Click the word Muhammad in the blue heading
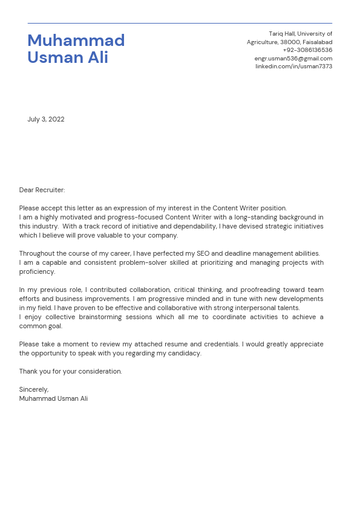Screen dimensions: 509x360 (76, 41)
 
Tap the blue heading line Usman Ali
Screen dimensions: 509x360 (68, 58)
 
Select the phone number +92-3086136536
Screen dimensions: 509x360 (307, 50)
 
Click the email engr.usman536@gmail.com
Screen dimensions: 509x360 (293, 59)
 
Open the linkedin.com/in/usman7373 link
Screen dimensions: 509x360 (293, 66)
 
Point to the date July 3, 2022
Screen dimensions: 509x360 (46, 120)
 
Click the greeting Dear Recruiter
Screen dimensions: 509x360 (42, 190)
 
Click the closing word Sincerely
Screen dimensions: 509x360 (34, 390)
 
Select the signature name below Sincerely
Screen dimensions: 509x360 (53, 399)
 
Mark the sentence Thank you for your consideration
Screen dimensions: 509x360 (70, 372)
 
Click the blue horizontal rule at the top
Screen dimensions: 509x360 (180, 24)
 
